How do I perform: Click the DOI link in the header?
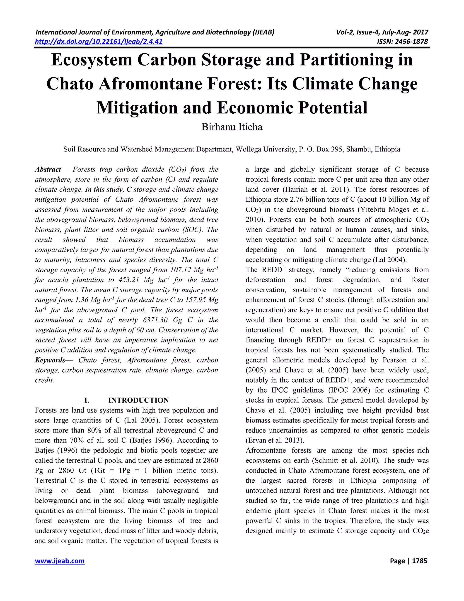(99, 42)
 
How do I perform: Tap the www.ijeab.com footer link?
(60, 561)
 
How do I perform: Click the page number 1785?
(420, 561)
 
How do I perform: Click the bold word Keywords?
(50, 360)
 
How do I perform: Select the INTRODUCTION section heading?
(138, 400)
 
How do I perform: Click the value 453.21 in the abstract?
(128, 280)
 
